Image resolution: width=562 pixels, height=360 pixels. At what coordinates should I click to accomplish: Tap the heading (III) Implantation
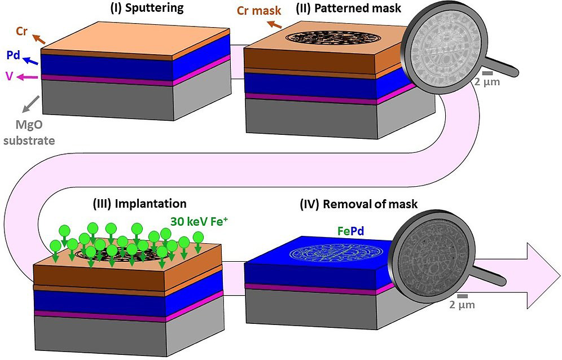(x=139, y=203)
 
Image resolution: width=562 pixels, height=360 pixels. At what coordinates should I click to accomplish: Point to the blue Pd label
(x=13, y=55)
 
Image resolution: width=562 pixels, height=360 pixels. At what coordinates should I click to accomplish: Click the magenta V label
(x=9, y=76)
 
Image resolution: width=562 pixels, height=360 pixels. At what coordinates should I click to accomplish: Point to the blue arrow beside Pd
(x=32, y=59)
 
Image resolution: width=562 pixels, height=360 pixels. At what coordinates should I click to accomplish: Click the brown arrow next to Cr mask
(x=274, y=24)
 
